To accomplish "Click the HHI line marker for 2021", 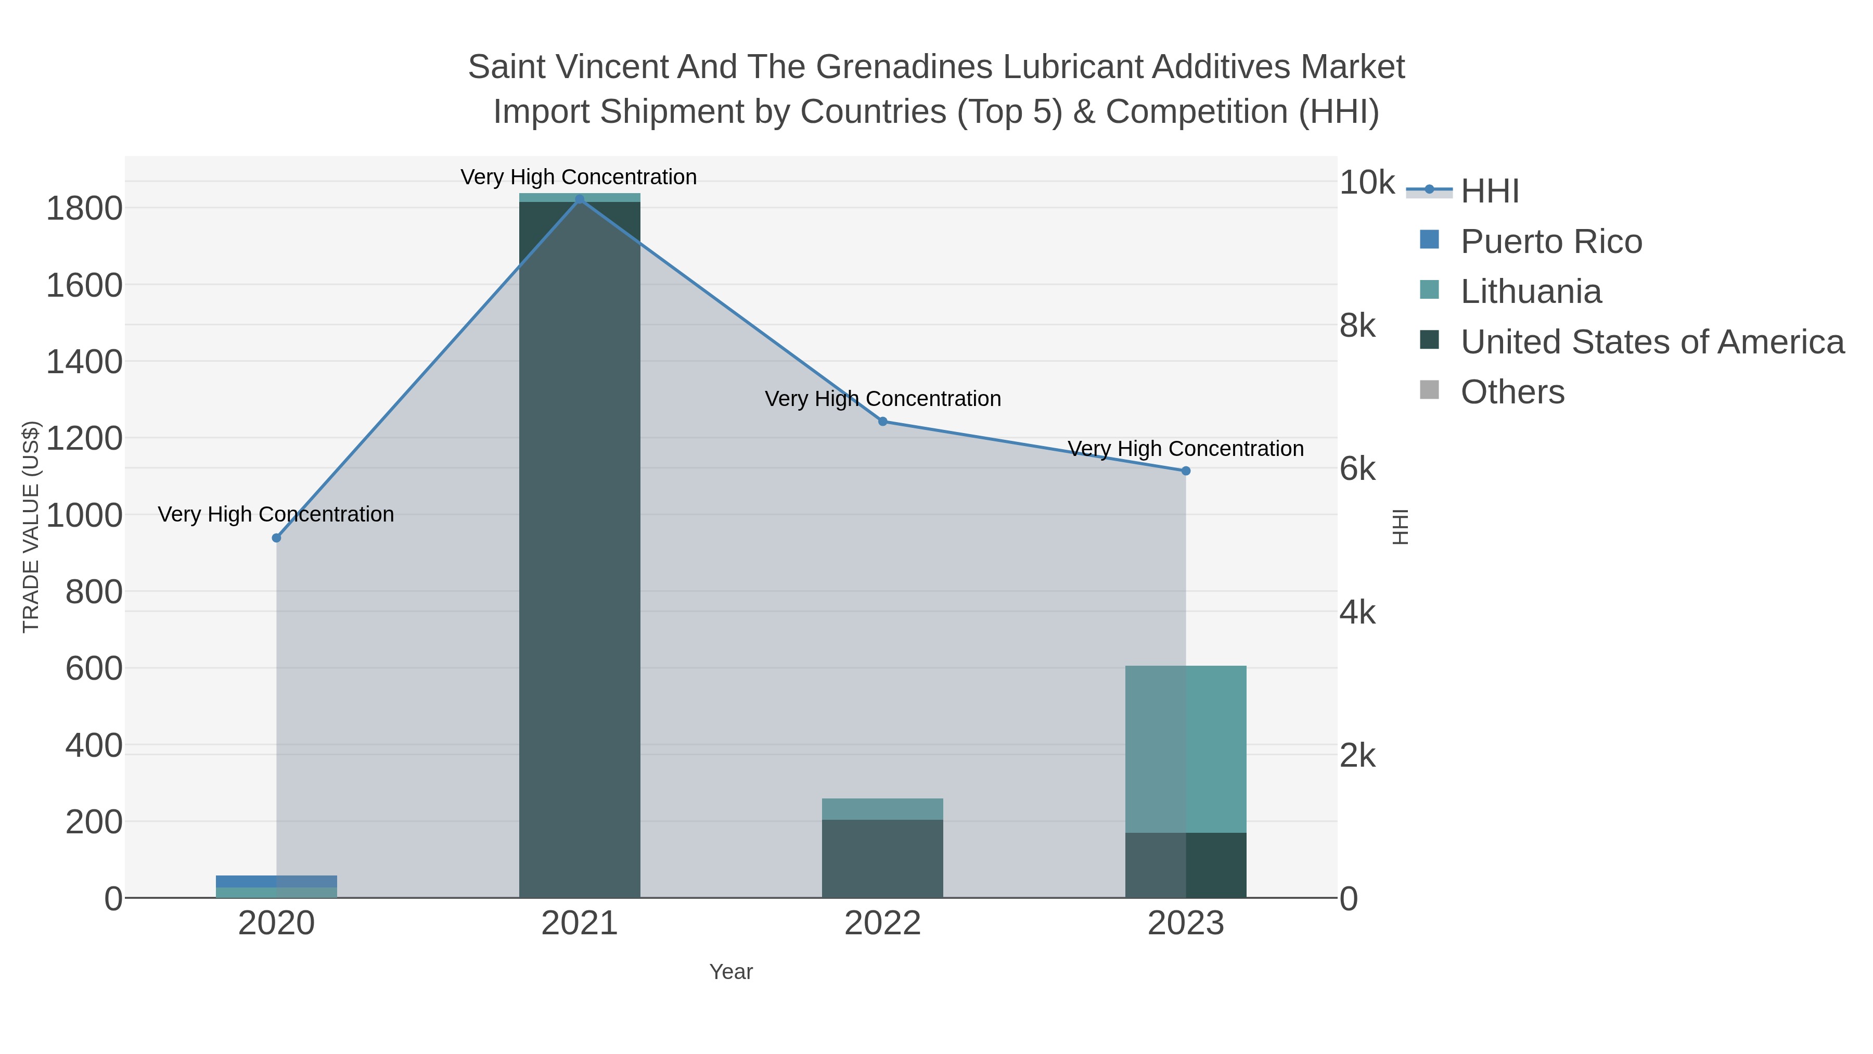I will (580, 199).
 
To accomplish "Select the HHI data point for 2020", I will (276, 538).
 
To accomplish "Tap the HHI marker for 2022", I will (883, 421).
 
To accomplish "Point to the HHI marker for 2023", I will (1186, 471).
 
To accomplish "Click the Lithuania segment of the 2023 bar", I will (1186, 749).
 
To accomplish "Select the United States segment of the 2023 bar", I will (1186, 865).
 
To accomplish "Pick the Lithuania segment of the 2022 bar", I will (883, 809).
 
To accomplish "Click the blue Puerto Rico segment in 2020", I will (276, 881).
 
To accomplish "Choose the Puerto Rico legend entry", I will (1551, 242).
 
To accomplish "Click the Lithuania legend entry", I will (1531, 291).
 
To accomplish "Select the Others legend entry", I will (1512, 392).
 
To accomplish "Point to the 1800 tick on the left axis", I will (84, 209).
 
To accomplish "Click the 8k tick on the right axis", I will (1357, 326).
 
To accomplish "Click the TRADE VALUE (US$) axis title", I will (31, 527).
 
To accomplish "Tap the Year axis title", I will (731, 972).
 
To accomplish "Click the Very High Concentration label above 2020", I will (276, 514).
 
